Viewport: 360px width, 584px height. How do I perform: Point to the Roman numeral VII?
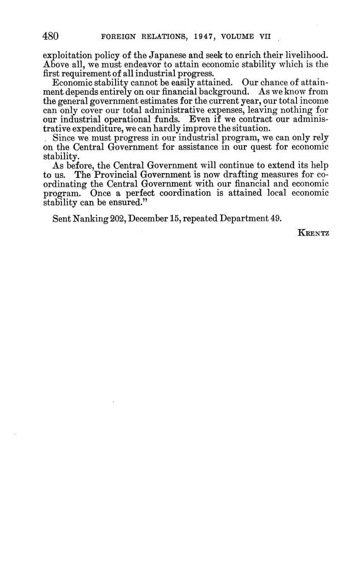pos(265,37)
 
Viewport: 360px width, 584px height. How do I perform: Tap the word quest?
pos(264,147)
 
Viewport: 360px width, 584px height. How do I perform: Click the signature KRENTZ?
pos(313,232)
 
